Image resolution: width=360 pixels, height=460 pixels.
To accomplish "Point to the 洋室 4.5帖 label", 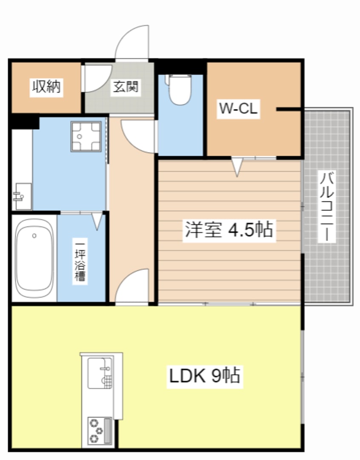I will tap(228, 230).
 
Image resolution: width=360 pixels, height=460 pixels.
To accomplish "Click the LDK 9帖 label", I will tap(205, 376).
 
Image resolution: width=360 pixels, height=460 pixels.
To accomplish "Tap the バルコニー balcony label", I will tap(327, 207).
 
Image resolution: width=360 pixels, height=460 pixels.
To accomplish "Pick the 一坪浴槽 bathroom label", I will tap(80, 262).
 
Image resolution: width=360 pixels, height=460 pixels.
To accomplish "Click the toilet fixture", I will tap(180, 89).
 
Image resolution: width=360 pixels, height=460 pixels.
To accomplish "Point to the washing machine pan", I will tap(86, 136).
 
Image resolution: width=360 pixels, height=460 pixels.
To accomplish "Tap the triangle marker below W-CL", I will tap(237, 167).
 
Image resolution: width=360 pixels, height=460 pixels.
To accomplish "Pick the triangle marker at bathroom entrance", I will tap(97, 221).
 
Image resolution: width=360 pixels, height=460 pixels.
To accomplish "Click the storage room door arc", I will tap(90, 78).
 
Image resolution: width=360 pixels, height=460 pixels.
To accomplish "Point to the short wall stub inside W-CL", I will tap(289, 109).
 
